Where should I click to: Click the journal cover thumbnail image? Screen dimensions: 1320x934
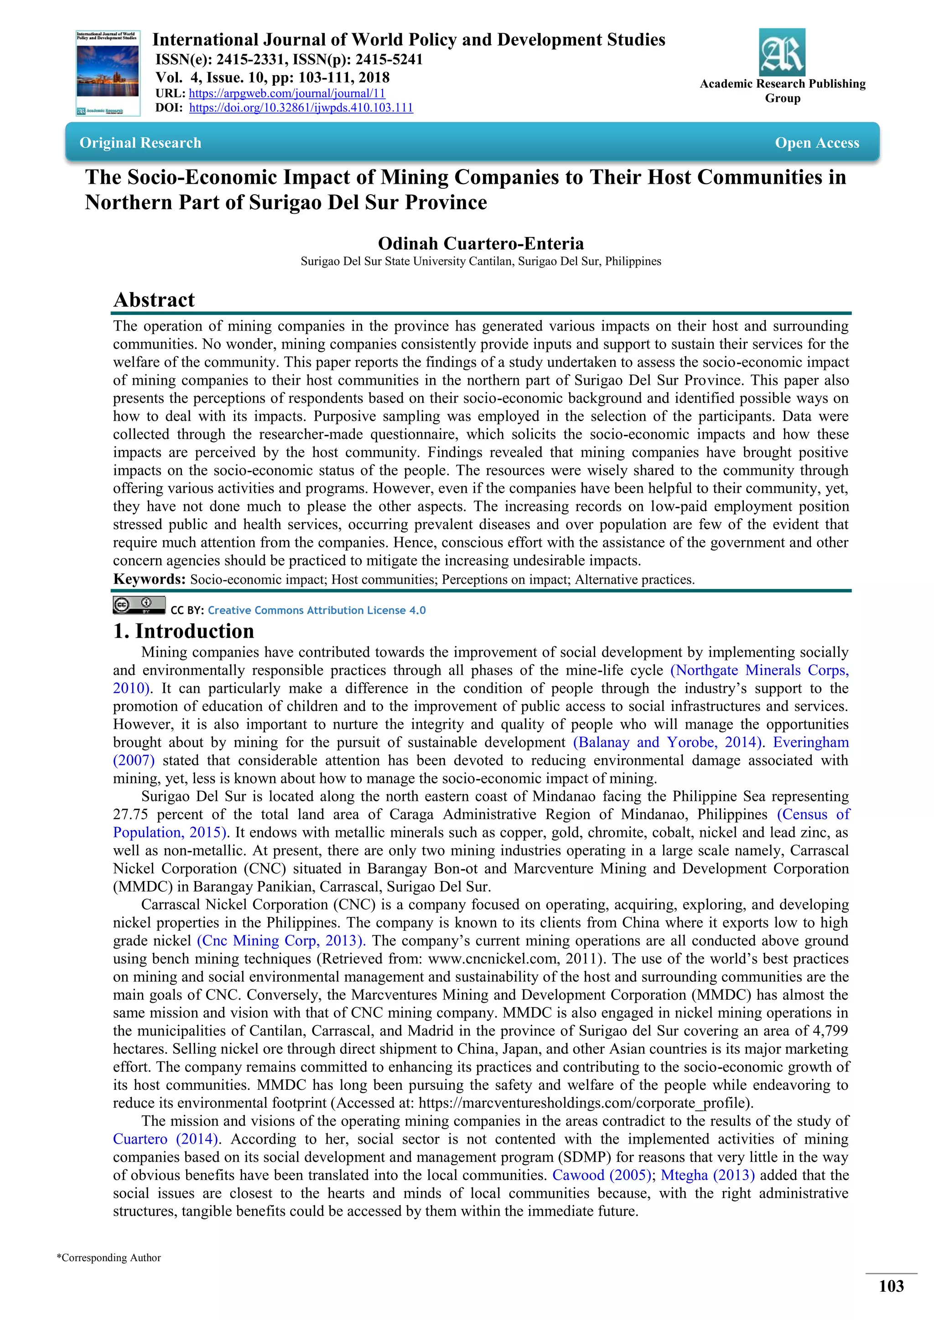[108, 73]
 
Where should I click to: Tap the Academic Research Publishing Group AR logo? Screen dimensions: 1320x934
[782, 52]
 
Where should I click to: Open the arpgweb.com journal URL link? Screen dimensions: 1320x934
[287, 93]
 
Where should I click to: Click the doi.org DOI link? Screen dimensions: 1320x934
[301, 108]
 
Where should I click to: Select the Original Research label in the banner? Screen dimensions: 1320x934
[140, 143]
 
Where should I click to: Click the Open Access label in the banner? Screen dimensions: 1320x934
[817, 143]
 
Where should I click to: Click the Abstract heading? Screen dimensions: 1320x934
[154, 299]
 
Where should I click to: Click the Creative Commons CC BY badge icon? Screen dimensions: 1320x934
[139, 605]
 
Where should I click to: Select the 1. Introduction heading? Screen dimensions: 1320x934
[183, 631]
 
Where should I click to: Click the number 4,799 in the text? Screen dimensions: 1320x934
[828, 1031]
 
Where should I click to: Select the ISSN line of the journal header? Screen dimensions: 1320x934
[289, 59]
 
